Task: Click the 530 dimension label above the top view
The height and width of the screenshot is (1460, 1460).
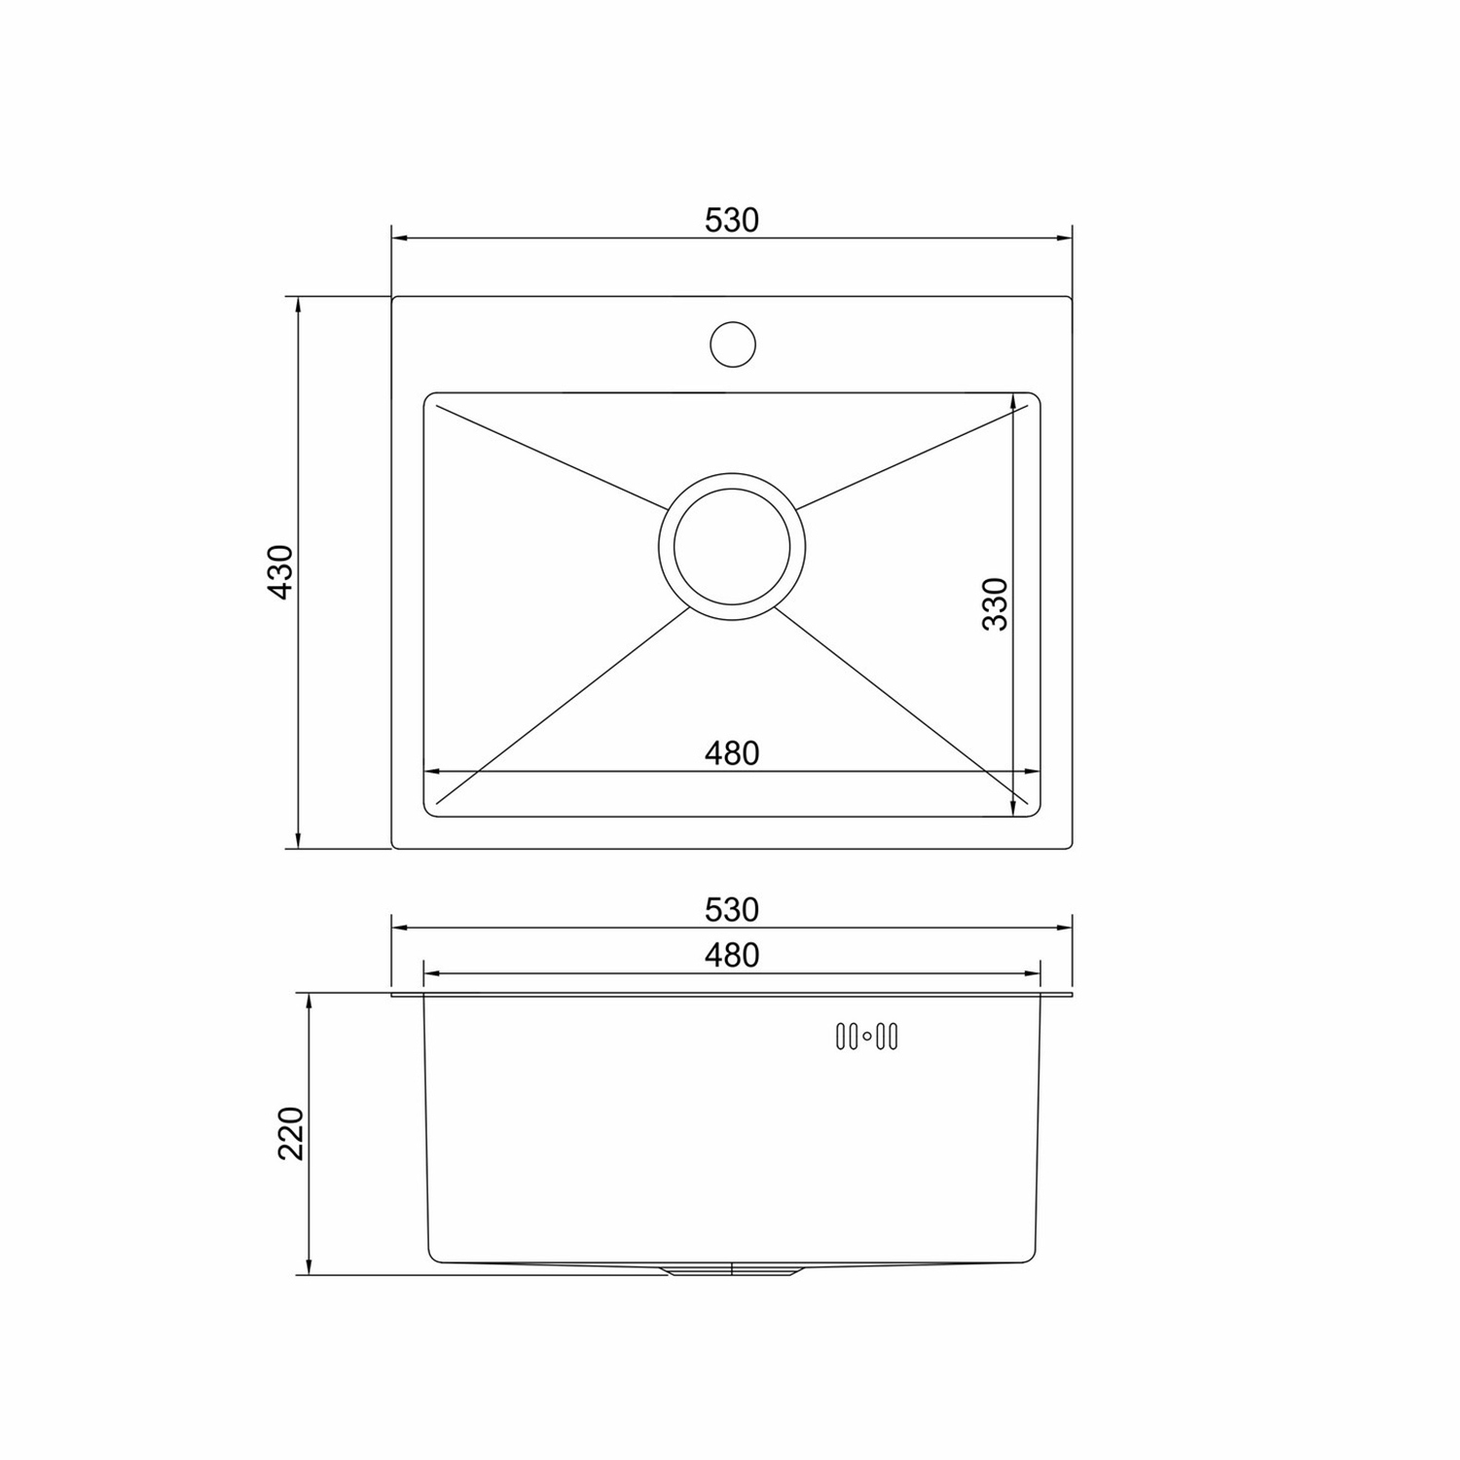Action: [x=732, y=221]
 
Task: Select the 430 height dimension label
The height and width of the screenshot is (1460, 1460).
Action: [x=280, y=572]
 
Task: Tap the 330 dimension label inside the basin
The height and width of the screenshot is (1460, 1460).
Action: [x=995, y=603]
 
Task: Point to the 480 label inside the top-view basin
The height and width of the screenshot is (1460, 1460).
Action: [x=732, y=753]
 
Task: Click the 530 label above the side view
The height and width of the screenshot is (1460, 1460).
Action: [x=732, y=910]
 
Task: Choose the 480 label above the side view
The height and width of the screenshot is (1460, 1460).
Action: [x=732, y=956]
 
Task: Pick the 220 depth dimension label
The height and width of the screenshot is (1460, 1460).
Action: [x=292, y=1133]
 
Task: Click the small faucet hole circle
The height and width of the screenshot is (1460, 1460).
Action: [x=733, y=344]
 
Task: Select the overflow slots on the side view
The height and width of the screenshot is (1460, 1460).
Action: [x=867, y=1038]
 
